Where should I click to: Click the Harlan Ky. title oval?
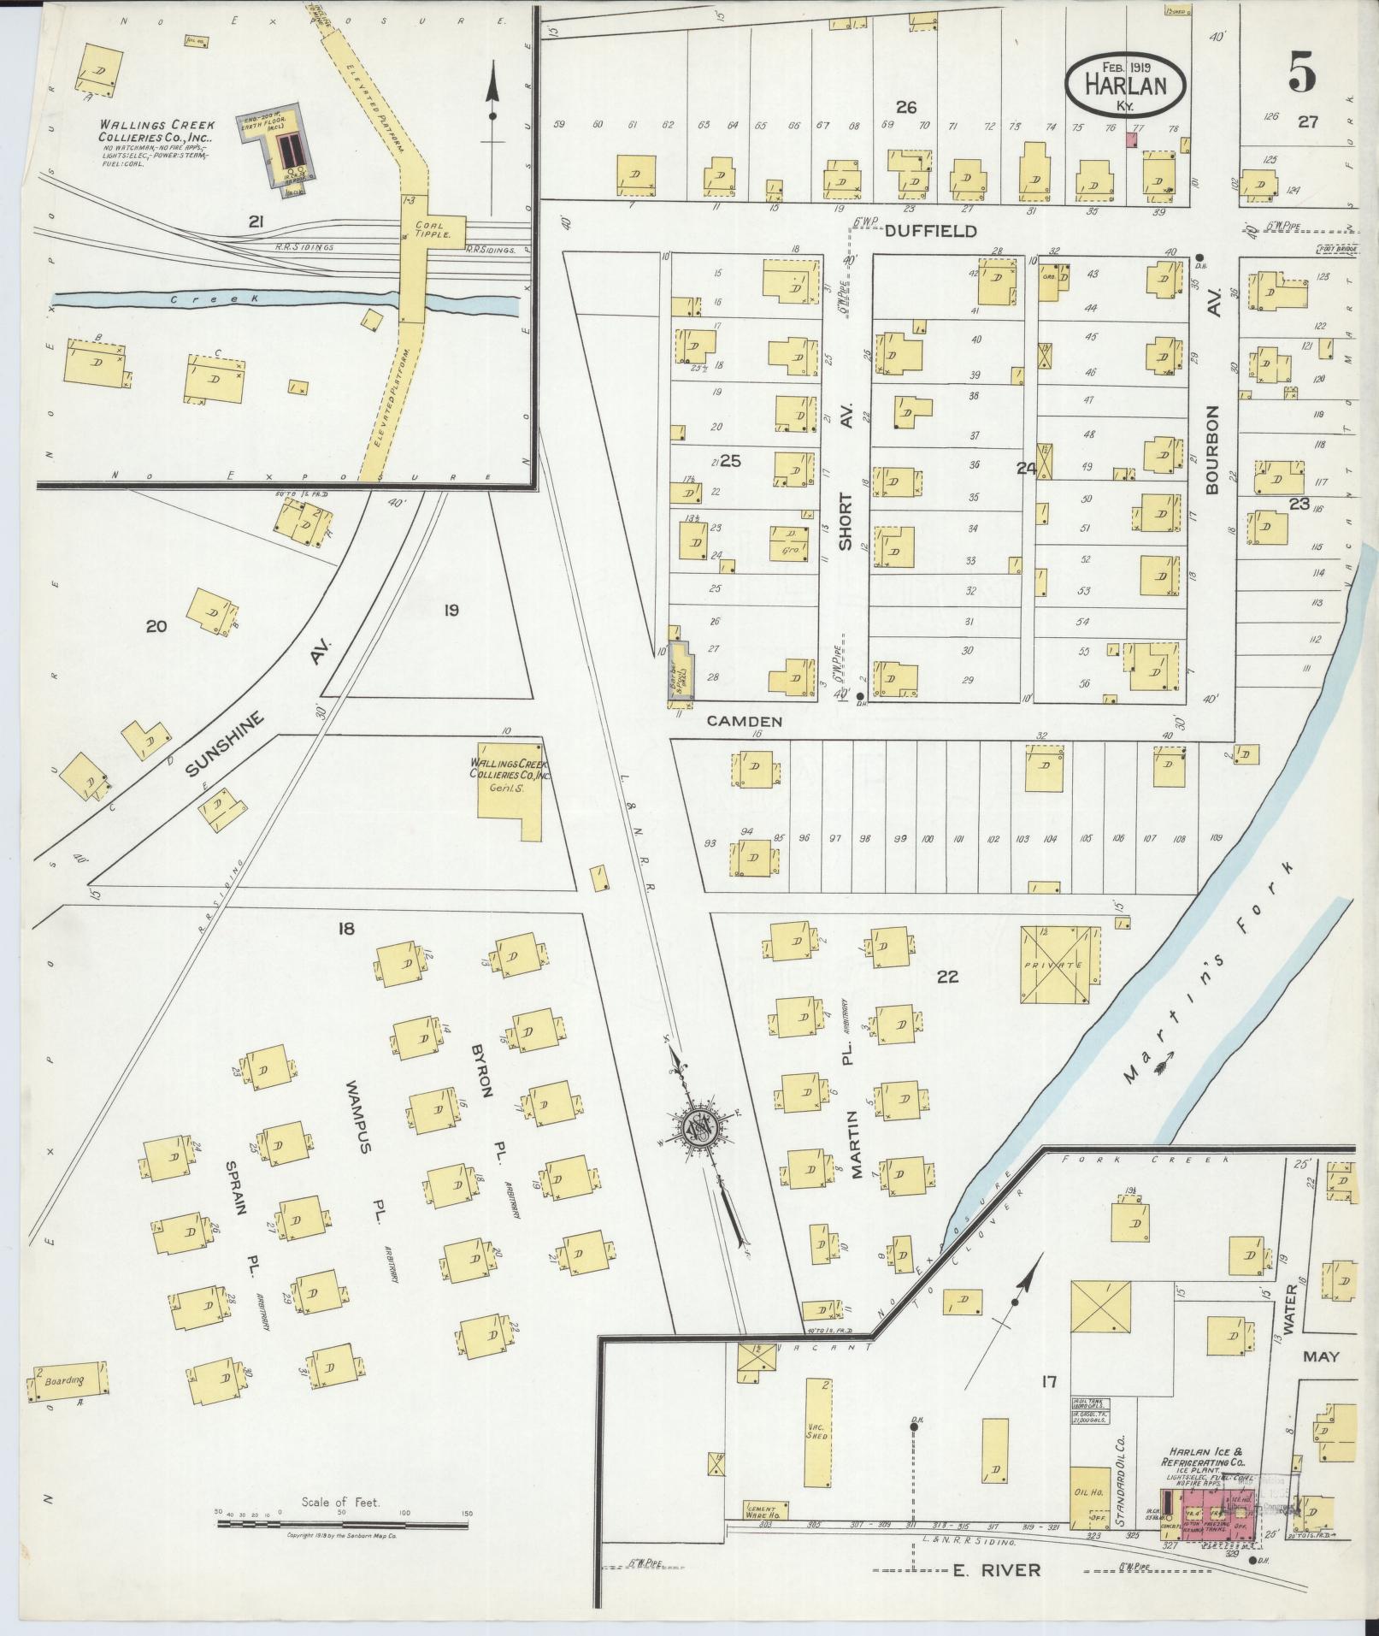tap(1126, 82)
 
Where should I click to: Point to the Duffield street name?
tap(930, 232)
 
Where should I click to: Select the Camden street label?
tap(744, 721)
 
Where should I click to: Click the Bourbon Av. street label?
tap(1212, 449)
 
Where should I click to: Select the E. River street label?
tap(996, 1570)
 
